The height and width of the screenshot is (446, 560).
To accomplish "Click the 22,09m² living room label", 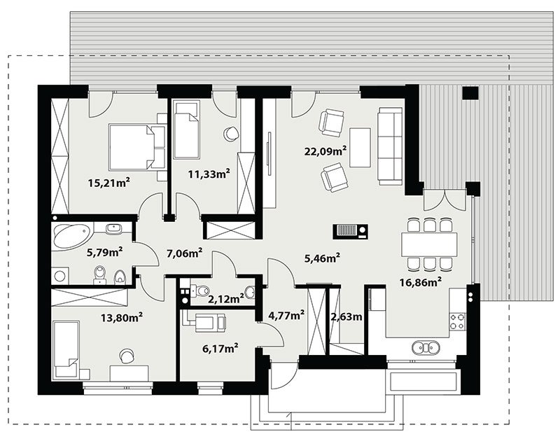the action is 325,151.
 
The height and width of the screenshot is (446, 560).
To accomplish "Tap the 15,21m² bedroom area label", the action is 108,183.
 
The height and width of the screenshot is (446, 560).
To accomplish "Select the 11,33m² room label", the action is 209,174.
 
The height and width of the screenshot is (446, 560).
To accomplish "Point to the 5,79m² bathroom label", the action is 105,253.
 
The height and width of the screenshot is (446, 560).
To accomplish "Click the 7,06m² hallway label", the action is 185,253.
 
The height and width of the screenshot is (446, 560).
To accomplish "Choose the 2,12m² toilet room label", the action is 225,298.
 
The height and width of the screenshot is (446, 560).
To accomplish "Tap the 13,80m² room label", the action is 122,316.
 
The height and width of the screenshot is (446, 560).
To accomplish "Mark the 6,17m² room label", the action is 220,348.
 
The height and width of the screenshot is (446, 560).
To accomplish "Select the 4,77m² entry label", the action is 286,314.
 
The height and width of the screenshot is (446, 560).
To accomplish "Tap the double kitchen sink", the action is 426,347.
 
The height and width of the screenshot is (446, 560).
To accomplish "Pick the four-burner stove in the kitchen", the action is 458,321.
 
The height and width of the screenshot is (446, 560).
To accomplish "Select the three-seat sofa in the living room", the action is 391,146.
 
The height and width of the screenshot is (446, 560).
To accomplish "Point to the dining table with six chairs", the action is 429,244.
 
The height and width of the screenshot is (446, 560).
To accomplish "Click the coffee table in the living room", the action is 360,147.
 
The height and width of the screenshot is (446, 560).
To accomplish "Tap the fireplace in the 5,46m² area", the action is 351,231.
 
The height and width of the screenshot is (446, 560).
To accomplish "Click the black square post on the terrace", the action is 470,93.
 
